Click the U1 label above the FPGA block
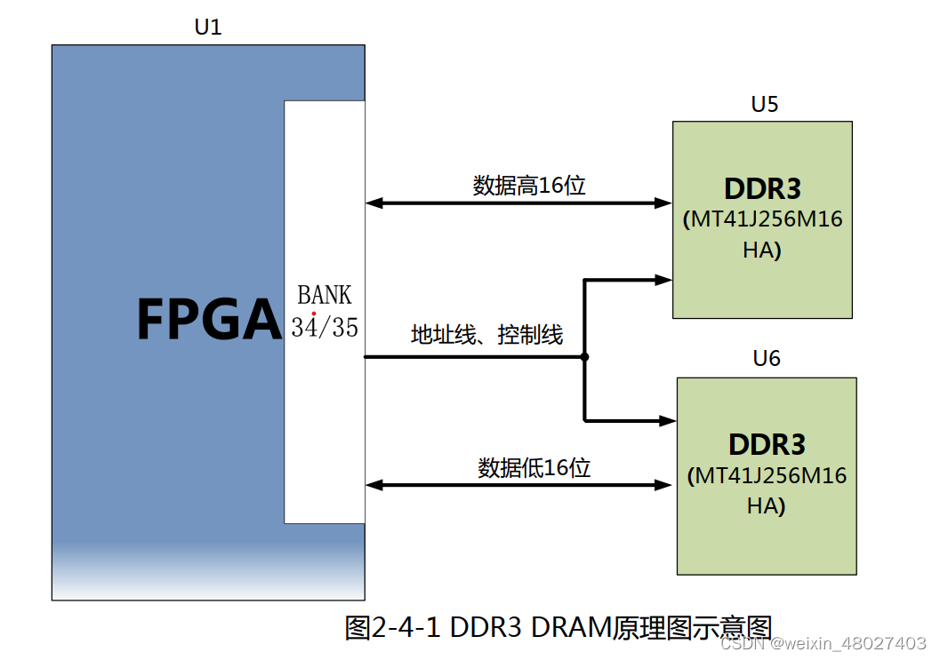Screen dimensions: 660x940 pos(208,28)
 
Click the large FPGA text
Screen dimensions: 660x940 pos(208,320)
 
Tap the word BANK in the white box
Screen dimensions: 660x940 pos(325,295)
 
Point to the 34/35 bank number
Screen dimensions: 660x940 pos(325,327)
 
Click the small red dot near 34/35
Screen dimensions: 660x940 pos(314,313)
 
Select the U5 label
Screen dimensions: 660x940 pos(765,104)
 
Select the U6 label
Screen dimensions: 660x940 pos(767,359)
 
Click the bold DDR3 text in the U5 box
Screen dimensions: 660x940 pos(762,189)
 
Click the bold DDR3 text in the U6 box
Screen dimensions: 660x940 pos(767,444)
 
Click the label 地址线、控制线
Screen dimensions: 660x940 pos(486,335)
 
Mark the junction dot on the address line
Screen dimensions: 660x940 pos(584,357)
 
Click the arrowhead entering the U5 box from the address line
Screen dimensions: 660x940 pos(663,279)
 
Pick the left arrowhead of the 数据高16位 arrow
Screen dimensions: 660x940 pos(374,203)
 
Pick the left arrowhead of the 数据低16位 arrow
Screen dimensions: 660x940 pos(374,485)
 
